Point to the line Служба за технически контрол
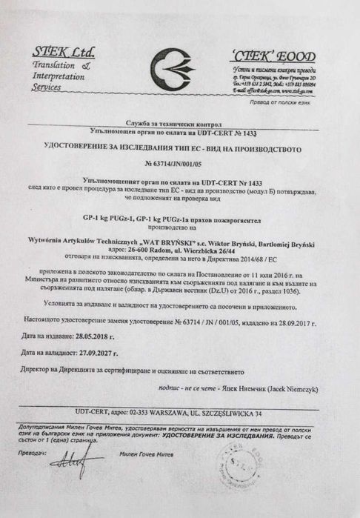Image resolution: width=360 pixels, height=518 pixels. [x=179, y=122]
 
